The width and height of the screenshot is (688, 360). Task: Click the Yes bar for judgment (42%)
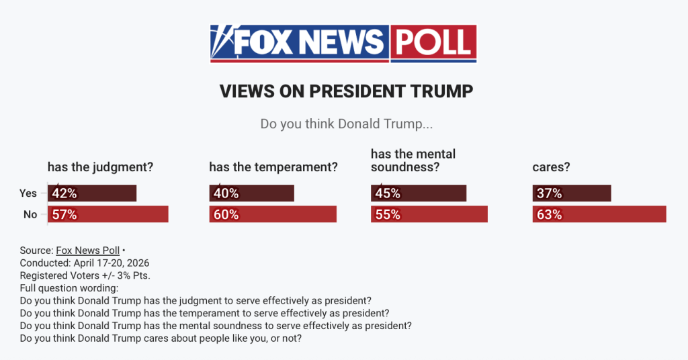point(92,193)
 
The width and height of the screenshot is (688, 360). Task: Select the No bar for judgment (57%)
point(107,214)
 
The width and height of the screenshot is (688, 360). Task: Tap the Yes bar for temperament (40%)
point(251,193)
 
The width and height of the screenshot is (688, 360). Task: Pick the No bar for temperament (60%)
point(272,214)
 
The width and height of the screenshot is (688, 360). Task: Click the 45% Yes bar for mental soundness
point(418,193)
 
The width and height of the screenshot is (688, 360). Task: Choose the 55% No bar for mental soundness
point(429,214)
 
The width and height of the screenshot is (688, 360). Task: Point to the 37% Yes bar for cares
point(571,193)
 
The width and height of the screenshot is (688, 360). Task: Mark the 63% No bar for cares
point(599,214)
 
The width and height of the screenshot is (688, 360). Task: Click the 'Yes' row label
point(28,193)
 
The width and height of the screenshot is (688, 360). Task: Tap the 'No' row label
point(30,214)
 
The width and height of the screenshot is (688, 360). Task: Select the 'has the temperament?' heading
point(273,167)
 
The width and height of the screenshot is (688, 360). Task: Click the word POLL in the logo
point(433,43)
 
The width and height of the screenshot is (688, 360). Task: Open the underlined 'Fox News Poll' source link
point(87,251)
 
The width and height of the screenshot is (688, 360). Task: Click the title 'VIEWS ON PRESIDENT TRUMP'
point(346,91)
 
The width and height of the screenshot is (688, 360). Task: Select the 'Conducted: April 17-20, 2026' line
point(85,263)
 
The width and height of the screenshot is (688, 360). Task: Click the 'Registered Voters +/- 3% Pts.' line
point(85,275)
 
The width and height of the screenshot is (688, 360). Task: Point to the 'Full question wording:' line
point(69,287)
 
